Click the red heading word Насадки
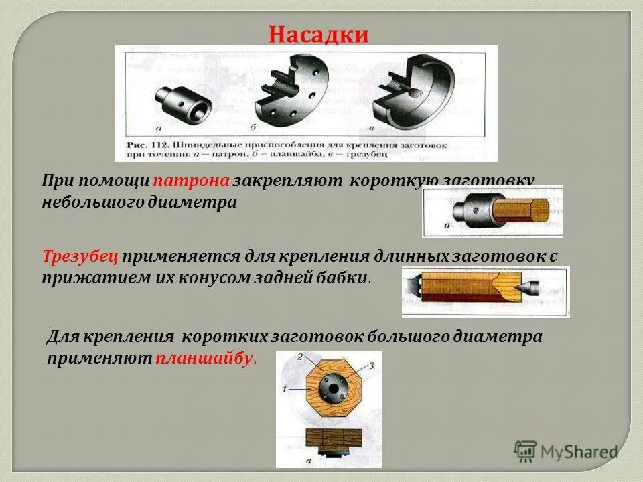pos(319,34)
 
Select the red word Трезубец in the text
pos(80,256)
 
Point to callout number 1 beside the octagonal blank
pos(285,389)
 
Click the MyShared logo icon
pos(524,451)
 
